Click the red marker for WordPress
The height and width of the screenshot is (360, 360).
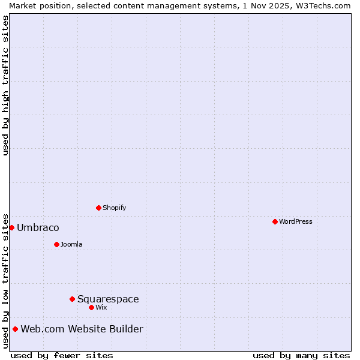pos(275,221)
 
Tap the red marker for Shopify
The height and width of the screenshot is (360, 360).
pos(98,208)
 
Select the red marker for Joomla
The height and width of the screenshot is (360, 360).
pos(56,244)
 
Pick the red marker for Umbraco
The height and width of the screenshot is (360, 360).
pos(11,227)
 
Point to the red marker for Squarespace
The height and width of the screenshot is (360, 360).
pos(72,299)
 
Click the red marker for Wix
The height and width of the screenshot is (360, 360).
pos(91,307)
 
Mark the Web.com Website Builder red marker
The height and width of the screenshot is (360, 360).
pos(15,329)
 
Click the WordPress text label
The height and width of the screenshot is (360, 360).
pos(296,221)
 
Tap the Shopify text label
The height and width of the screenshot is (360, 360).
pos(114,208)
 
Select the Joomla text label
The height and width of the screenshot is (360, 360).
pos(71,244)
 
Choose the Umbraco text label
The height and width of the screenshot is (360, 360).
pos(38,227)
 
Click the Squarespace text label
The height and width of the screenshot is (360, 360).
pos(108,299)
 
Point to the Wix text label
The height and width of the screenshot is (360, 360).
pos(101,307)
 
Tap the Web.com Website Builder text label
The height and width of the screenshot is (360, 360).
pos(82,329)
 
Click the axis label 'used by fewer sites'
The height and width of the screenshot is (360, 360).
pos(62,355)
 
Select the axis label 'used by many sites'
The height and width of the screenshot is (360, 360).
pos(301,355)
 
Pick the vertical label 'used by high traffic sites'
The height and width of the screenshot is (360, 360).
pos(5,85)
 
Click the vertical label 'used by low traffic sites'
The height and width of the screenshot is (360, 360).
pos(5,280)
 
